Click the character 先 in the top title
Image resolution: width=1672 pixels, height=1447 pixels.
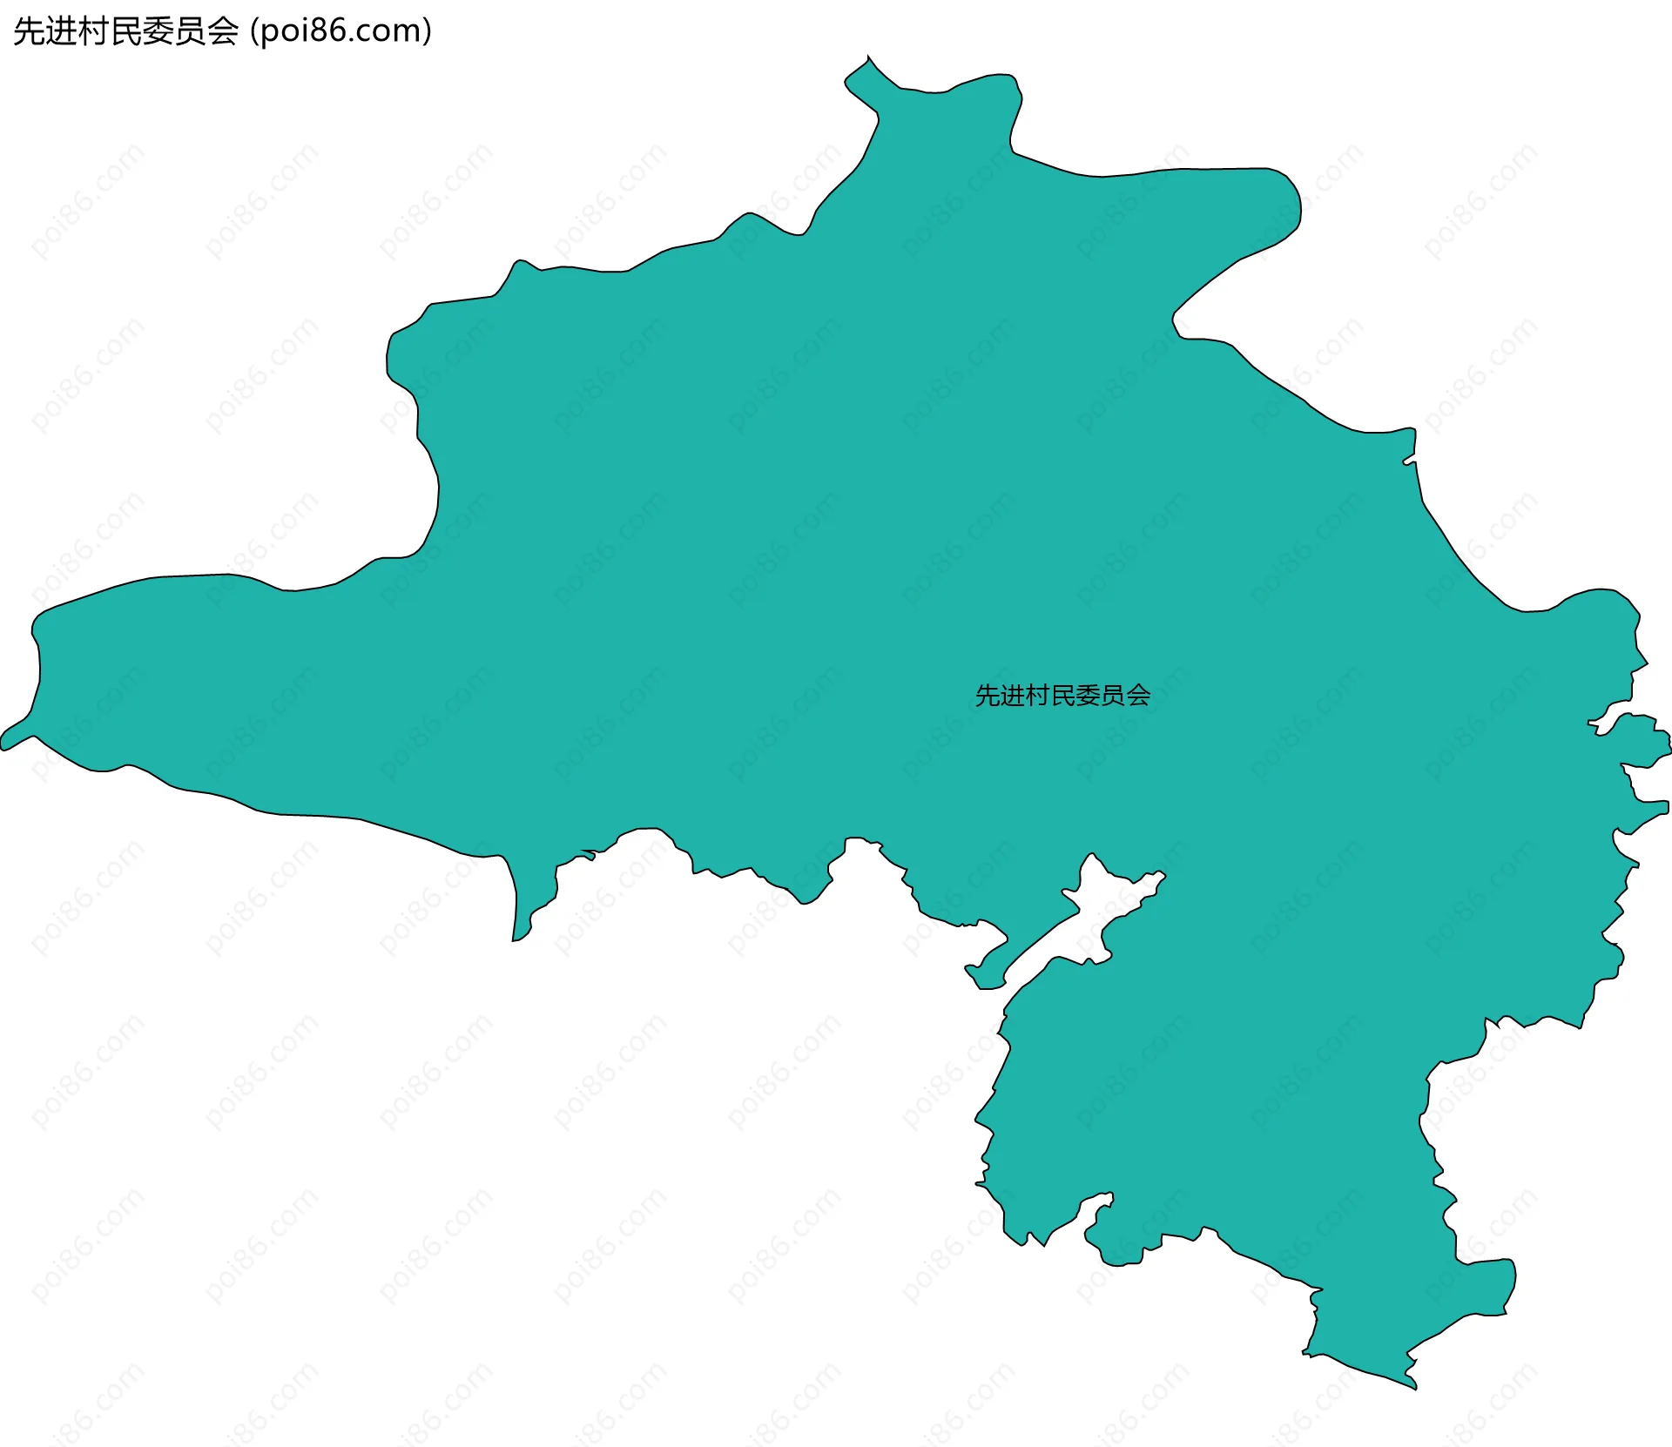[30, 31]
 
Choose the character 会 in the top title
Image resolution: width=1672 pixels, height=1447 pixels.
[223, 31]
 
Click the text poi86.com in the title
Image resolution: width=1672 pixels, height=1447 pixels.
[340, 31]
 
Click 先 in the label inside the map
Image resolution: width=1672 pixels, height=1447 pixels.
[988, 696]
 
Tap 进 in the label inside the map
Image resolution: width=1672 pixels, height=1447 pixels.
[1013, 696]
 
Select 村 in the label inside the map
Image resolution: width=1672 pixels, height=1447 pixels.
[1038, 696]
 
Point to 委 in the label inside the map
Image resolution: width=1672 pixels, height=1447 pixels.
[1089, 696]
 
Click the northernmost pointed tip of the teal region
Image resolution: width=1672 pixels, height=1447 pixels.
[868, 57]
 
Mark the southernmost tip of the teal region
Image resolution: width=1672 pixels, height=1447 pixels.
[1413, 1387]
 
